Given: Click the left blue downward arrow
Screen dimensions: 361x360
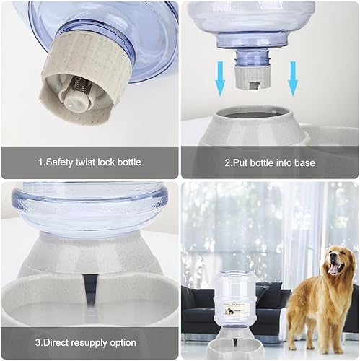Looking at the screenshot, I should pyautogui.click(x=219, y=79).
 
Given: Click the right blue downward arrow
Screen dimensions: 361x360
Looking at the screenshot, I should pyautogui.click(x=293, y=79).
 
